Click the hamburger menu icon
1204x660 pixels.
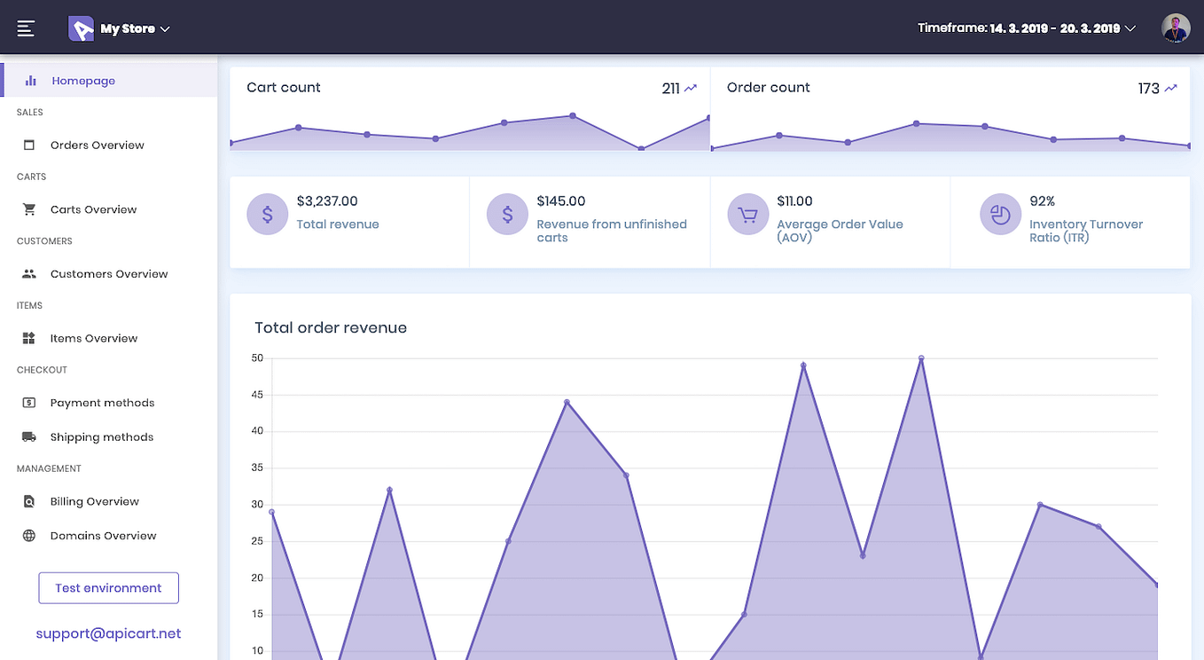[x=26, y=28]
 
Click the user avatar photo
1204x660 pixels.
[x=1176, y=28]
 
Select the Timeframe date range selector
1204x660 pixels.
[x=1027, y=28]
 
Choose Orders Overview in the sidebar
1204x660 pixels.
[x=97, y=145]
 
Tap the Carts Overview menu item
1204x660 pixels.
[x=93, y=210]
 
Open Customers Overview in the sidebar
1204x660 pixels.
[x=108, y=274]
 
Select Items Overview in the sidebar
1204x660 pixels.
[x=93, y=339]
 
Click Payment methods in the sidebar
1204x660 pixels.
[x=102, y=403]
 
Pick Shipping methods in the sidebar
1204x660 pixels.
[x=101, y=437]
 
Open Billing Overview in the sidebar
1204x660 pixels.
[x=94, y=502]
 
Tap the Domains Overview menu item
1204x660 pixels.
[x=103, y=536]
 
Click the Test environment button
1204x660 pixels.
[x=108, y=588]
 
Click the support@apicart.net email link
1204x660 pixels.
[x=108, y=633]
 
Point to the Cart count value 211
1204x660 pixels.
[x=670, y=89]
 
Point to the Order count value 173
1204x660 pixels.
[x=1148, y=89]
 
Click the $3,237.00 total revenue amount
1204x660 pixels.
[x=327, y=201]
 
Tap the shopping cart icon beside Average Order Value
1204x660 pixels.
[x=747, y=215]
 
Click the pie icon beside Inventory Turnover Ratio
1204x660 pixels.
[x=1000, y=215]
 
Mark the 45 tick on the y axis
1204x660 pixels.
[x=257, y=395]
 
